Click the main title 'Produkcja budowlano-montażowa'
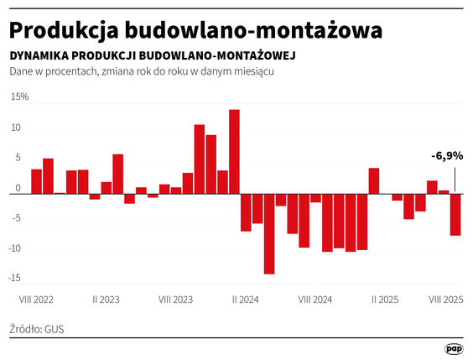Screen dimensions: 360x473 196,30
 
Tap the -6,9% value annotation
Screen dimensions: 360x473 447,156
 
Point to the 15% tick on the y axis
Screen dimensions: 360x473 18,97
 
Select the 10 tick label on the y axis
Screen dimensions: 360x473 16,128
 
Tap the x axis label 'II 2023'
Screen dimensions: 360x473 106,299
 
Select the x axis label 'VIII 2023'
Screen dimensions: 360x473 175,299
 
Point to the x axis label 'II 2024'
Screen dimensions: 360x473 245,299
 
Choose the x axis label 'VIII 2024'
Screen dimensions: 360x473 315,299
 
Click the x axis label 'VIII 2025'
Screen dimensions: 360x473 445,299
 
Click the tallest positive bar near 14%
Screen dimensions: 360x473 234,152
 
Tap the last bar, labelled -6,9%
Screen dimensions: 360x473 455,214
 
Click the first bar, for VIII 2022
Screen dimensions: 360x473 36,181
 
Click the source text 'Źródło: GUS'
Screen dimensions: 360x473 37,328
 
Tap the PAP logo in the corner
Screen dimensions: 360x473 453,348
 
